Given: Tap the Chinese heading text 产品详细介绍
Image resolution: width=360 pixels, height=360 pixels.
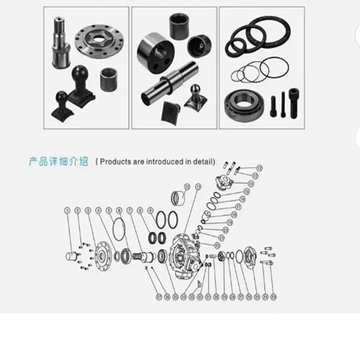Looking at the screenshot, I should pos(59,161).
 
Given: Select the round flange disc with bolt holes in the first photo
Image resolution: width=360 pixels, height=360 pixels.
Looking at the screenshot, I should pos(100,40).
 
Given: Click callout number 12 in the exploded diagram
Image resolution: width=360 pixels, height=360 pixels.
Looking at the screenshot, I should pos(259,168).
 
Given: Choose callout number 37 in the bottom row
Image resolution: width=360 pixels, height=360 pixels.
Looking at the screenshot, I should pos(159,296).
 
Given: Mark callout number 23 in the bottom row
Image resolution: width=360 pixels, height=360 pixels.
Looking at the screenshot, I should pos(273,296).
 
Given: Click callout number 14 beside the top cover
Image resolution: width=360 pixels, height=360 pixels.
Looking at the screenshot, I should pos(251,183).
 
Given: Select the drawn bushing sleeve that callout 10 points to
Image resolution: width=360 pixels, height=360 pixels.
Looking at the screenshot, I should pos(178,196).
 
